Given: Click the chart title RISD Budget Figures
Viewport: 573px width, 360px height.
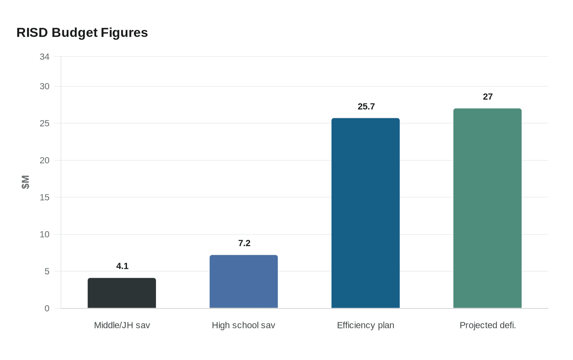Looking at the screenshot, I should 82,33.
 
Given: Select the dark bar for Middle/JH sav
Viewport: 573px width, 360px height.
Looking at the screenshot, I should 122,293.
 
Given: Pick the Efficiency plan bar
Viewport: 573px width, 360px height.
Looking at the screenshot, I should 365,213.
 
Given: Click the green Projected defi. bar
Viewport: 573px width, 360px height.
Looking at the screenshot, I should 487,208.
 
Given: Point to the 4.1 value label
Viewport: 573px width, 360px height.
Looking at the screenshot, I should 122,266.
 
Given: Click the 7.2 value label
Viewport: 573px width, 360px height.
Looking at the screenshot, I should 244,243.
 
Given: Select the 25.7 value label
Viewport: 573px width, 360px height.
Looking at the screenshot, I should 366,106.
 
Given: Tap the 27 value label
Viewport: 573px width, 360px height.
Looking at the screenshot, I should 488,97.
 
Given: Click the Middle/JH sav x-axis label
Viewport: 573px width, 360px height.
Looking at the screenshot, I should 122,325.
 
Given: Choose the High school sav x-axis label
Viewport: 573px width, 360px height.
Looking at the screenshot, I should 244,325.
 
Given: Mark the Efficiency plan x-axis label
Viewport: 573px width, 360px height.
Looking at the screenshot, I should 365,325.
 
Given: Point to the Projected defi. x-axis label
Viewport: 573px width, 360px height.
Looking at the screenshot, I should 487,325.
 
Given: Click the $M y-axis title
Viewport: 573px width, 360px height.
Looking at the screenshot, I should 25,182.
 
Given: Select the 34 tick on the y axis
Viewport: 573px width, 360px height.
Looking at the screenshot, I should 45,57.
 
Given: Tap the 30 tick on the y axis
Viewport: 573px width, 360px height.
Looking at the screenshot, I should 45,86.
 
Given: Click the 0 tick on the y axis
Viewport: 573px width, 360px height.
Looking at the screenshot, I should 47,308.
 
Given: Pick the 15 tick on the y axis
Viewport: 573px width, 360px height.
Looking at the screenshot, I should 45,198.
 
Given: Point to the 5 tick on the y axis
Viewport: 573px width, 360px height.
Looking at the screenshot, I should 47,272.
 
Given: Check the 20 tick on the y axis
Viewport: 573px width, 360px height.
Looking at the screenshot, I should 45,160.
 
